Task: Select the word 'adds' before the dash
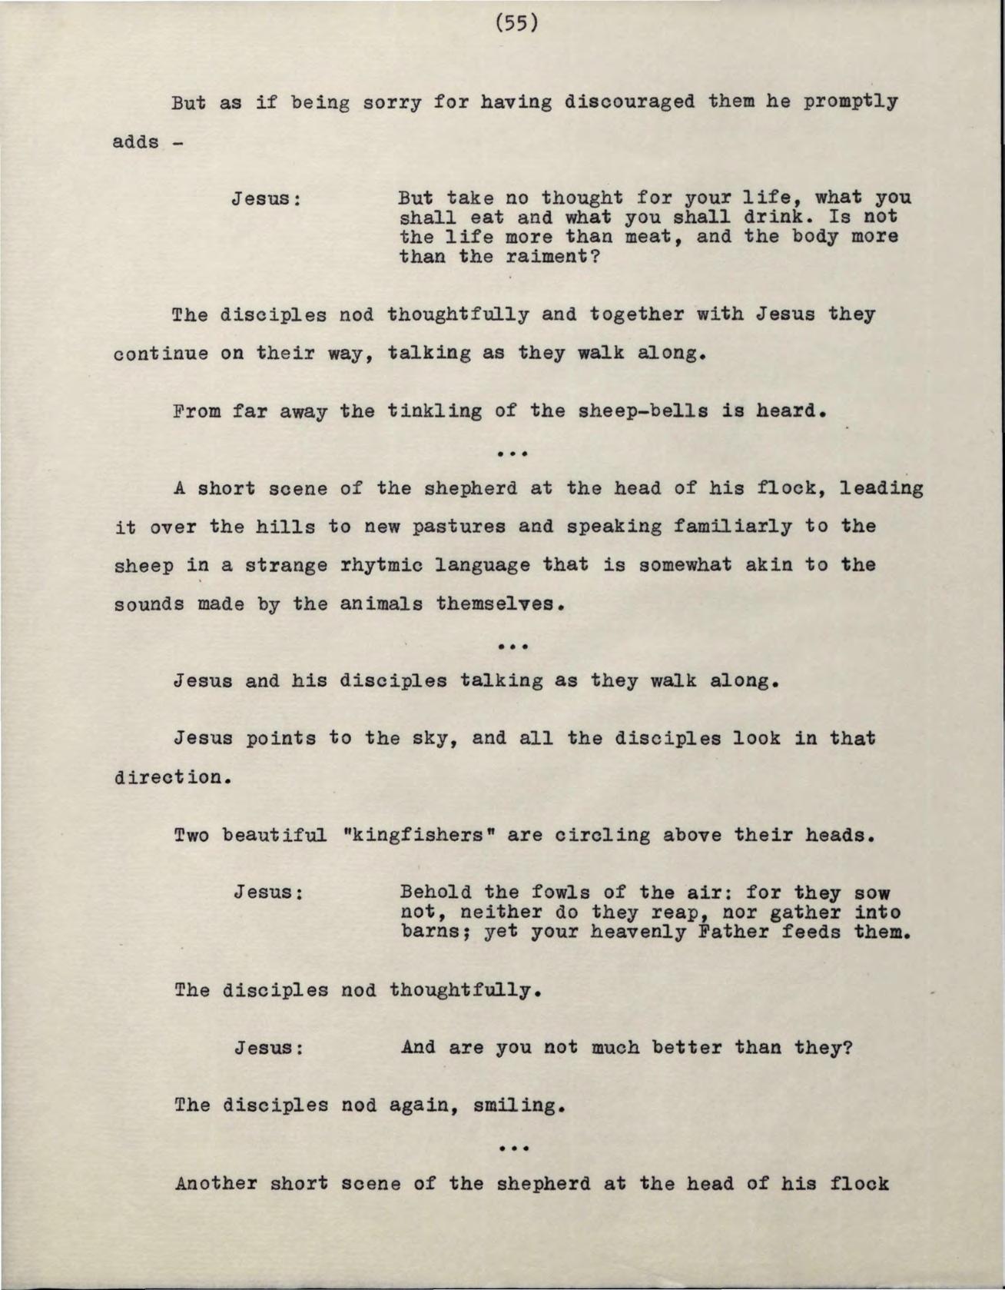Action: click(x=136, y=142)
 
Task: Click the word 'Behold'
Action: click(x=436, y=893)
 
